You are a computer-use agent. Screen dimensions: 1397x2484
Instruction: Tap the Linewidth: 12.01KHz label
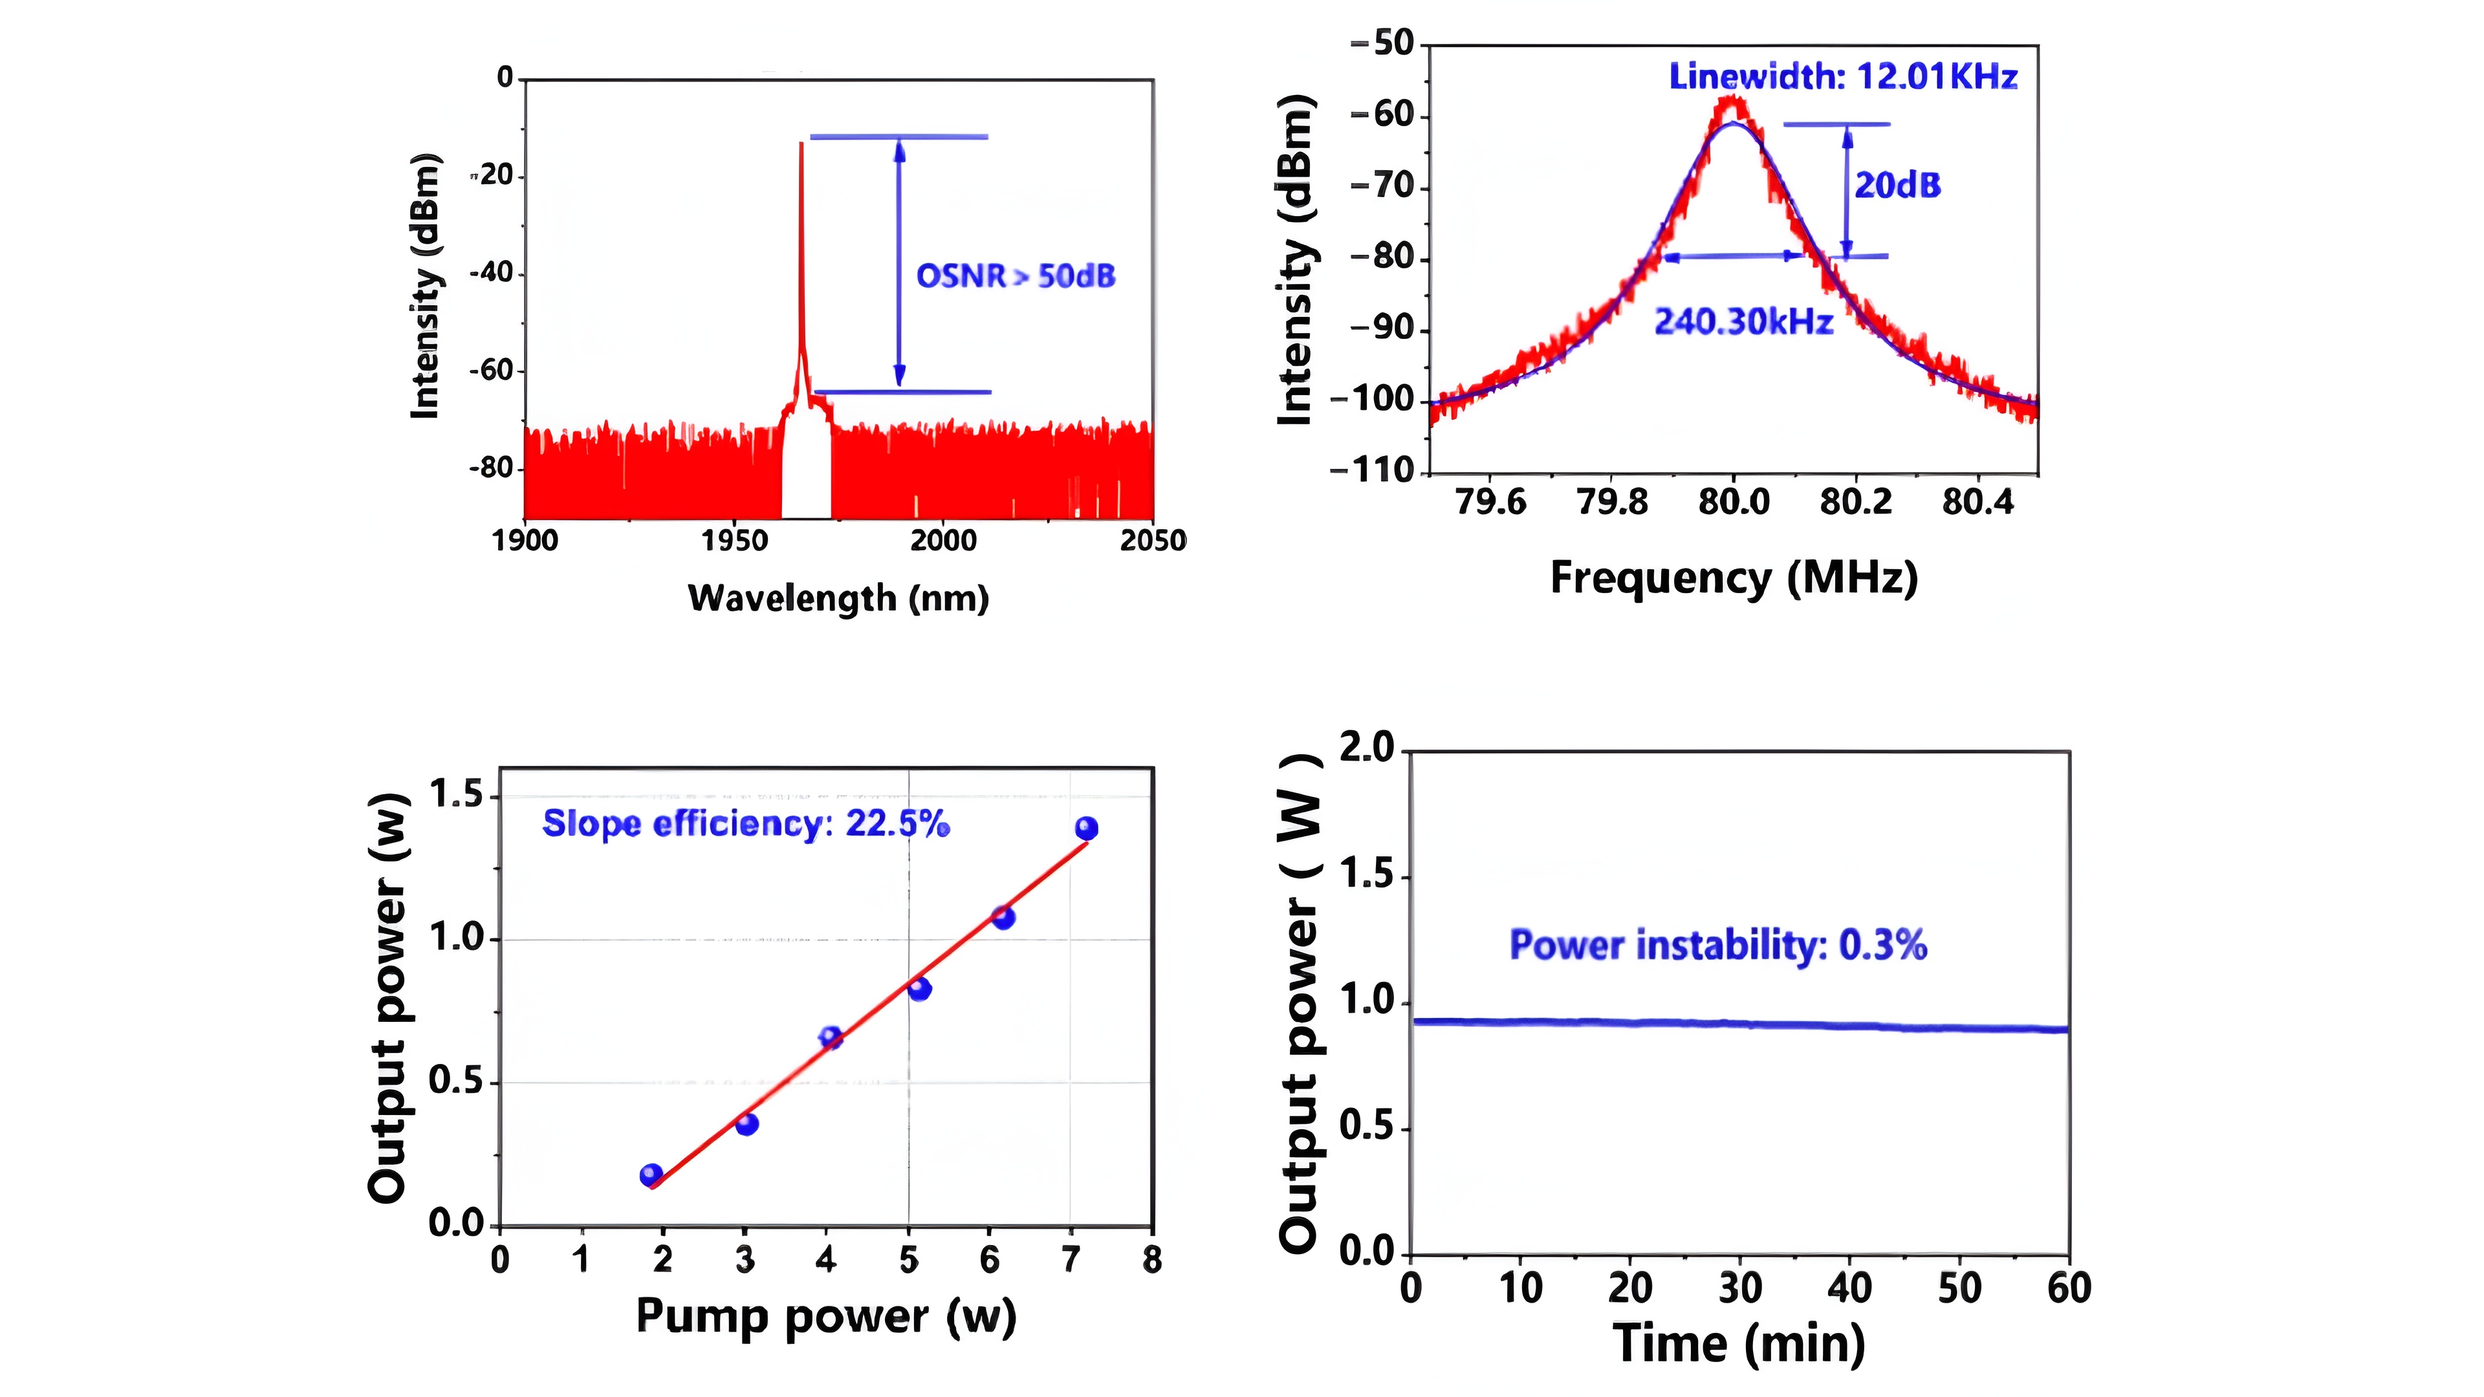pyautogui.click(x=1843, y=77)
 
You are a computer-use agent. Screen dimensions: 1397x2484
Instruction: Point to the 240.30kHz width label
pyautogui.click(x=1743, y=322)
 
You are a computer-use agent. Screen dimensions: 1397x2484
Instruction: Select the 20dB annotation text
pyautogui.click(x=1897, y=185)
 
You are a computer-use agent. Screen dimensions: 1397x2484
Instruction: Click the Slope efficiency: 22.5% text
pyautogui.click(x=745, y=825)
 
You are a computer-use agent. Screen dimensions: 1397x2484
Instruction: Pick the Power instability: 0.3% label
pyautogui.click(x=1717, y=945)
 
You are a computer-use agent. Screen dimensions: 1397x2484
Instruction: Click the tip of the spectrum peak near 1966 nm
pyautogui.click(x=800, y=145)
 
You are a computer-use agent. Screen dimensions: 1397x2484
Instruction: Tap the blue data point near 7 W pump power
pyautogui.click(x=1086, y=828)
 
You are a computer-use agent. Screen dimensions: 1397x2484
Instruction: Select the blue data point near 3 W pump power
pyautogui.click(x=746, y=1123)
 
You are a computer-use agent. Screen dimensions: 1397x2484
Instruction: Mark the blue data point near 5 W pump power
pyautogui.click(x=919, y=988)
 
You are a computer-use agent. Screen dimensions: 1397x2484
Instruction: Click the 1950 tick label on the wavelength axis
pyautogui.click(x=735, y=541)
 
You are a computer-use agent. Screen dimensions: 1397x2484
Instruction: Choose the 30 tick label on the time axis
pyautogui.click(x=1739, y=1288)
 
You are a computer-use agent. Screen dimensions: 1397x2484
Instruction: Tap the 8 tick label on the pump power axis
pyautogui.click(x=1151, y=1260)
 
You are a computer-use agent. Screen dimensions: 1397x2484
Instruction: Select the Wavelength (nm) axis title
pyautogui.click(x=838, y=599)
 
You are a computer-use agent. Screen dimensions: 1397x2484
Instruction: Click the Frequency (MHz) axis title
pyautogui.click(x=1733, y=578)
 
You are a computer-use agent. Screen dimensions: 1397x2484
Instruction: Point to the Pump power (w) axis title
pyautogui.click(x=825, y=1317)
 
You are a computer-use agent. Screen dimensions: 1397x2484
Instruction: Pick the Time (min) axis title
pyautogui.click(x=1739, y=1344)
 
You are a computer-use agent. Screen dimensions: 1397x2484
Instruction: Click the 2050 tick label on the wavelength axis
pyautogui.click(x=1152, y=541)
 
